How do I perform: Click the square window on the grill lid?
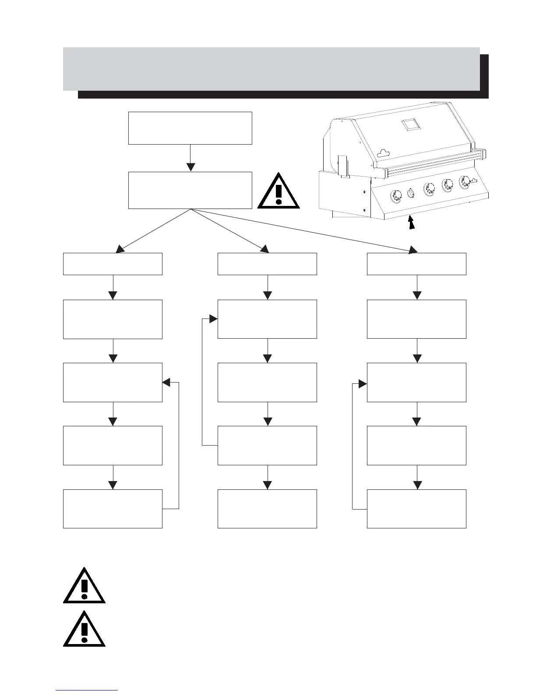point(410,125)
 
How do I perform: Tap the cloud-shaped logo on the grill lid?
point(384,152)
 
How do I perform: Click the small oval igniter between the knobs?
point(411,192)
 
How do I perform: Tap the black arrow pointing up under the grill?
point(410,223)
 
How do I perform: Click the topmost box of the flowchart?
point(190,128)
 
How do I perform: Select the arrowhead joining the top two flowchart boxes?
point(190,167)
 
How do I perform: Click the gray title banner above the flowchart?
point(272,69)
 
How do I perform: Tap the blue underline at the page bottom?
point(87,690)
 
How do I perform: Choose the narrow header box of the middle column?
point(267,264)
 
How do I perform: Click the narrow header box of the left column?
point(113,264)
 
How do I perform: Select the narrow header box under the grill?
point(416,264)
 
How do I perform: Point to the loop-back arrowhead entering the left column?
point(166,382)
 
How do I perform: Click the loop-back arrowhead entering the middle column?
point(213,319)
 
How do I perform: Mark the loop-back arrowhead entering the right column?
point(363,384)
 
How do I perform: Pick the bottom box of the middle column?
point(267,509)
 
